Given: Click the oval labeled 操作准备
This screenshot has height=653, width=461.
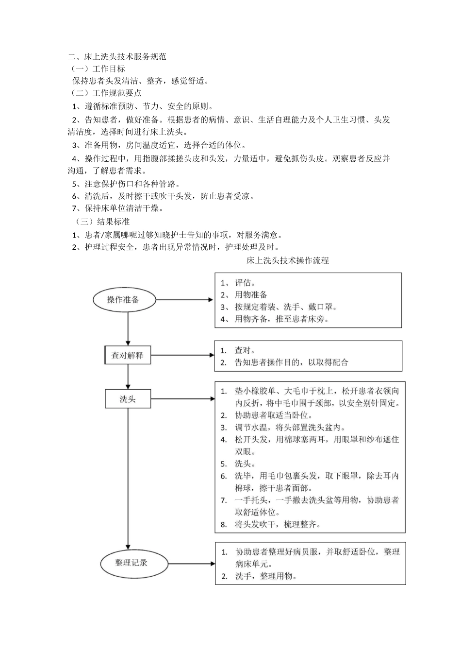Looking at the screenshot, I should pos(124,300).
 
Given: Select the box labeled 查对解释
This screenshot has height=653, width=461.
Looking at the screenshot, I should pos(128,355).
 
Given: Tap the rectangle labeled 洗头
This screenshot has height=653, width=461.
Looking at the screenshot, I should pos(128,399).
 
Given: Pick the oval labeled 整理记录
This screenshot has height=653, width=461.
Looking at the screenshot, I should pos(132,563).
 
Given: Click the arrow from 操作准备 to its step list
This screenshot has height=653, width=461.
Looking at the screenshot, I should pos(184,300).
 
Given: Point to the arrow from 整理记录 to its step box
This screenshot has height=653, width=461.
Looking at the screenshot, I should pos(192,564).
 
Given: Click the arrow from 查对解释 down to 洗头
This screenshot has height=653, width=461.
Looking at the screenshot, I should pos(128,377).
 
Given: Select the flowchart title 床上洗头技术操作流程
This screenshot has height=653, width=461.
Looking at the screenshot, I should pos(287,260).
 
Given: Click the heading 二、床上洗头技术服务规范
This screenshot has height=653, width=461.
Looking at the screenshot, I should pos(117,57).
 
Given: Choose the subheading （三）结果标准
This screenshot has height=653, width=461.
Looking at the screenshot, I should pos(102,222).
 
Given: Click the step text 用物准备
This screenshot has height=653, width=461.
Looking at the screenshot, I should pos(251,295).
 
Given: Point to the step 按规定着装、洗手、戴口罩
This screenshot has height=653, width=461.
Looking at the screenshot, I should pos(285,307).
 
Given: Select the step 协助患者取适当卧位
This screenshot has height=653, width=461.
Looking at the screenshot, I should pos(273,415).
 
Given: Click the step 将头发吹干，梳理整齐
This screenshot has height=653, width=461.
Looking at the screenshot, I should pos(277,524).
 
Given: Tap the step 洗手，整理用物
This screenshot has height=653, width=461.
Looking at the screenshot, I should pos(265,576).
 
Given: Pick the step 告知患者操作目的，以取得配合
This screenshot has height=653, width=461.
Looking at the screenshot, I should pos(291,362).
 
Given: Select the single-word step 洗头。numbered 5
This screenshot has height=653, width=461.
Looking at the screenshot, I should pos(245,464).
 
